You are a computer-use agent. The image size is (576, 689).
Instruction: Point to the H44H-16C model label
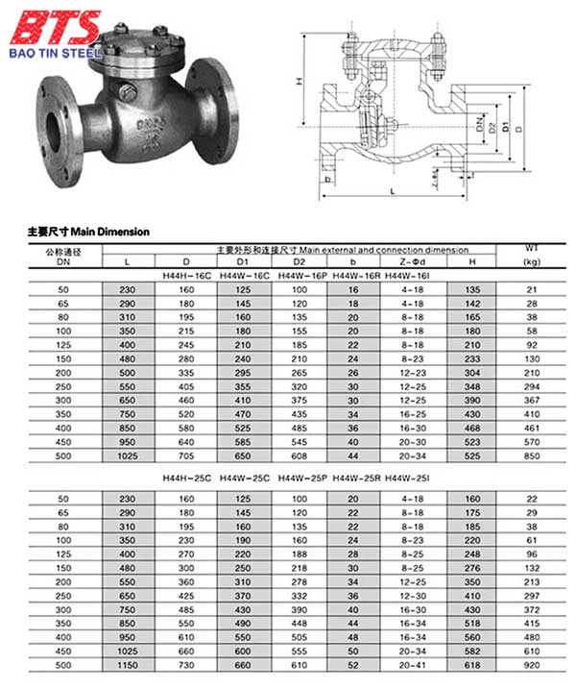(185, 275)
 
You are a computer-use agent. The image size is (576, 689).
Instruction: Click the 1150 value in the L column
(128, 664)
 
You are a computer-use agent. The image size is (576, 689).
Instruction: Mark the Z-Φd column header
(415, 261)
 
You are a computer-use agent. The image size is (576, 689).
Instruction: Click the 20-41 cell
(415, 664)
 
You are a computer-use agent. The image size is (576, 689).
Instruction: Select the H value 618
(471, 664)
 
